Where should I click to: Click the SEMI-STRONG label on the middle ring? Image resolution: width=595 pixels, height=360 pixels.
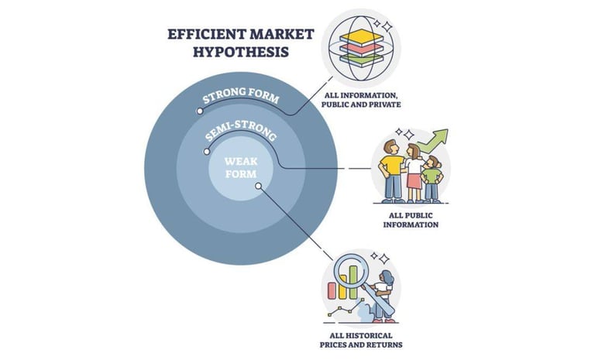241,136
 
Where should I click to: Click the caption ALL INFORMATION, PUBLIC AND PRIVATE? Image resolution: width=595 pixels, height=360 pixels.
363,101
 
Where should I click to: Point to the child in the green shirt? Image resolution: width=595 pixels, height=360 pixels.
432,174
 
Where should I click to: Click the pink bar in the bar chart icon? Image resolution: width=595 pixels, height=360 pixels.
332,290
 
